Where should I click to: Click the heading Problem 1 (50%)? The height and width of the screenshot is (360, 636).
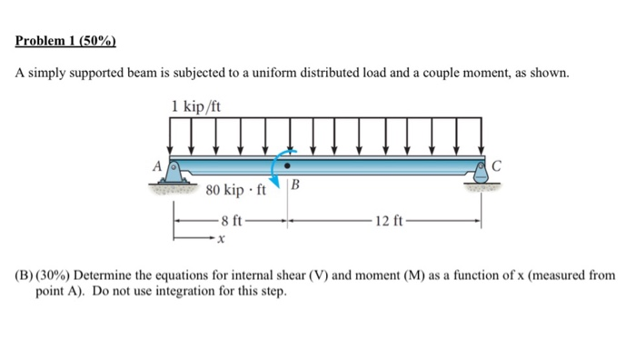[66, 41]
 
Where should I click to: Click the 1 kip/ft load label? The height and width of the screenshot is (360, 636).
[195, 108]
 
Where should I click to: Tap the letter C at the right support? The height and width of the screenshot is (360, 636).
[497, 165]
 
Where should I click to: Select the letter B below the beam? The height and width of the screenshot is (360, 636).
[297, 187]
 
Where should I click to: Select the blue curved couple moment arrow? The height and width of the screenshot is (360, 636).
[279, 169]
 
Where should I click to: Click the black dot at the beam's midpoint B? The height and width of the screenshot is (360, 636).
[289, 166]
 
